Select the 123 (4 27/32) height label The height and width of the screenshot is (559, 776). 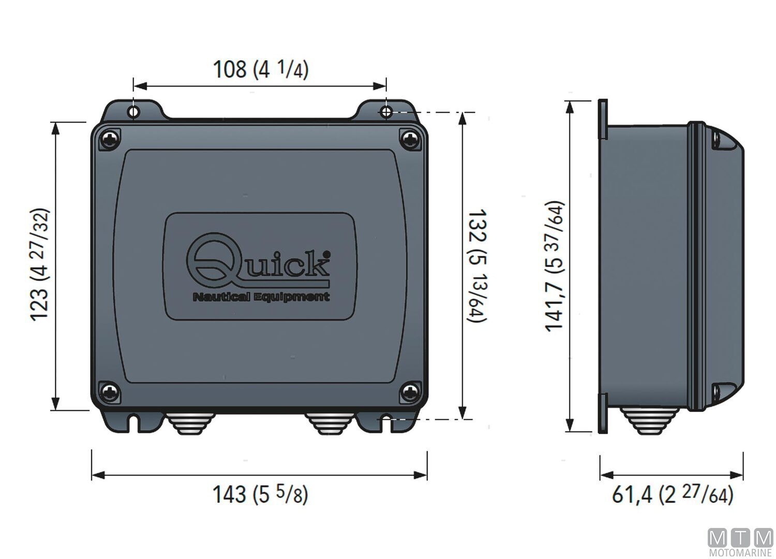[x=40, y=265]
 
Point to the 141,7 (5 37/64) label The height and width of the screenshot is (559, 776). [x=554, y=266]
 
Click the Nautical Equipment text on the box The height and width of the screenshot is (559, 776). [x=261, y=297]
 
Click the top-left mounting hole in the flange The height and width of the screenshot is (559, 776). [x=133, y=112]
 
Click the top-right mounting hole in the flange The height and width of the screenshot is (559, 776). [x=386, y=112]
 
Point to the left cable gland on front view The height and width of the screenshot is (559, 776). [x=187, y=423]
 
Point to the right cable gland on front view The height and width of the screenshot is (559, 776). [x=330, y=423]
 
